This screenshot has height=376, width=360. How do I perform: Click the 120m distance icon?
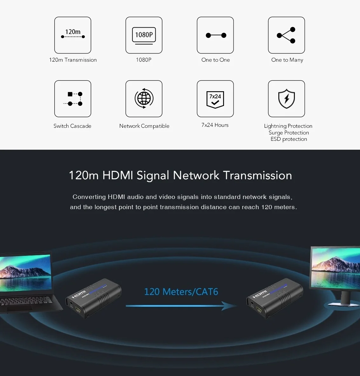pos(73,35)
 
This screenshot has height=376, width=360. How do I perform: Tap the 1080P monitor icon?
pos(144,35)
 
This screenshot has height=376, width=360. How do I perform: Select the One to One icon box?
pos(215,35)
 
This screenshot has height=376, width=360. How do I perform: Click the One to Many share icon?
pos(286,35)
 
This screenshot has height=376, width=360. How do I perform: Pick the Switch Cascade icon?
pos(73,99)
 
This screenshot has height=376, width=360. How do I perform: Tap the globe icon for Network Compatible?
pos(144,99)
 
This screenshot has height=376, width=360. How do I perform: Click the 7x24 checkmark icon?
pos(215,99)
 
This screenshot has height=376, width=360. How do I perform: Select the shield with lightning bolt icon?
pos(286,99)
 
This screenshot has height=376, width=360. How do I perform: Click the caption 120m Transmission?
pos(73,60)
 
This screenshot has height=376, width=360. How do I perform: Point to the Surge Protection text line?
pos(289,133)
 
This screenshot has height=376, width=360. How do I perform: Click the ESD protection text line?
pos(289,139)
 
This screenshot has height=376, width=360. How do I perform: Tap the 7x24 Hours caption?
pos(215,125)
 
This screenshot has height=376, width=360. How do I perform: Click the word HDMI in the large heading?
pos(118,175)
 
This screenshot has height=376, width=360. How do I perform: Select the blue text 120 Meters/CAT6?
pos(181,292)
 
